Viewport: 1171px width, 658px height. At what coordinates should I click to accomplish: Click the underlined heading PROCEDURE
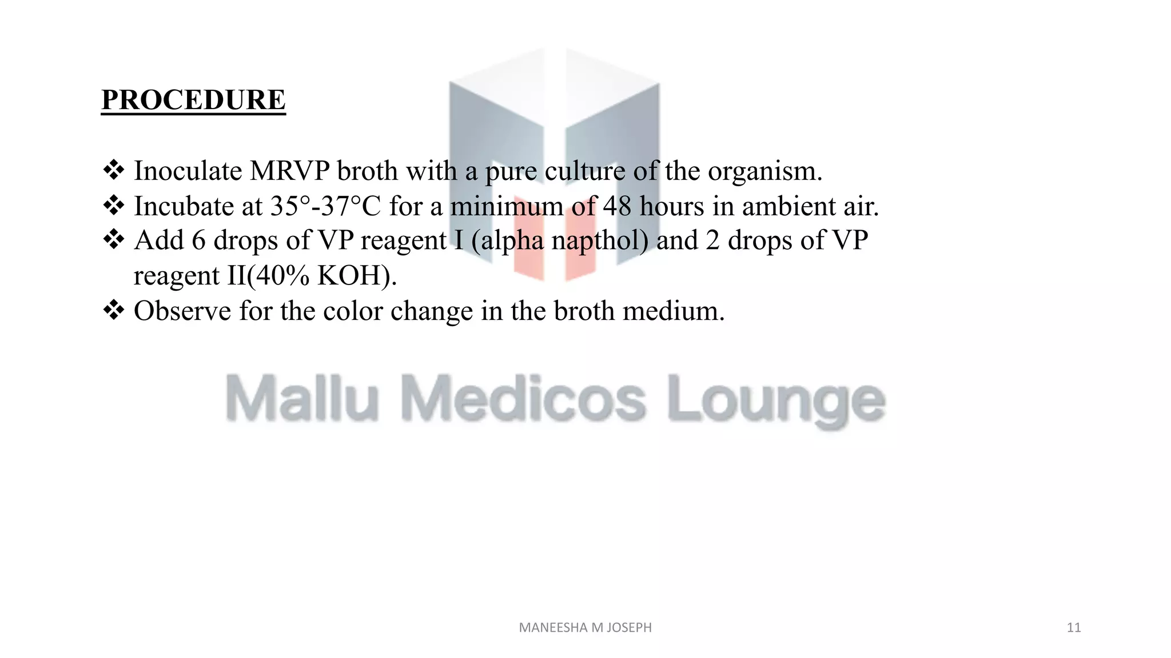193,100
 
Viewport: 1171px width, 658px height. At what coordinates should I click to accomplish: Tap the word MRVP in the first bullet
290,171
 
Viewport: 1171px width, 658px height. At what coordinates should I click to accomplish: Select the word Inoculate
188,171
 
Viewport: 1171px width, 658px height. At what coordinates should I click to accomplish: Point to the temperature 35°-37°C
325,206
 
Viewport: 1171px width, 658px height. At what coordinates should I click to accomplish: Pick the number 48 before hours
617,206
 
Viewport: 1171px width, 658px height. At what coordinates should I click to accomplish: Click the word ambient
788,206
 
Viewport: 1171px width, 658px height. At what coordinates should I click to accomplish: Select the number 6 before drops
198,240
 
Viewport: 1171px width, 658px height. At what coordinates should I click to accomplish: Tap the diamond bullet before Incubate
114,205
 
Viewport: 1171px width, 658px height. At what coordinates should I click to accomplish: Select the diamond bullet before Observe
114,310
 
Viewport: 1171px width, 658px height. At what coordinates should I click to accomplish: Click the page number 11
1074,628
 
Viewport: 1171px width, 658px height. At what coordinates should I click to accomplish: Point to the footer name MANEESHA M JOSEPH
585,628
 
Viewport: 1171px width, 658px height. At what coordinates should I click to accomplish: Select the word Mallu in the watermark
302,398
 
